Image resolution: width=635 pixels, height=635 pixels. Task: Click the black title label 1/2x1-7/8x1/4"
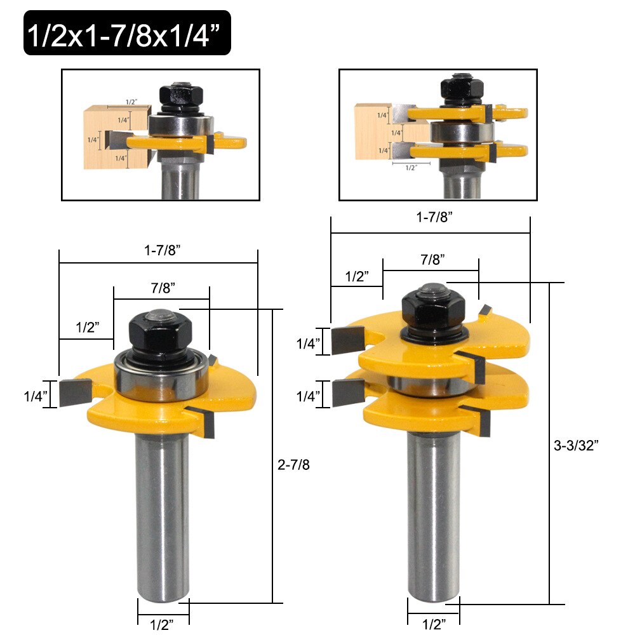127,33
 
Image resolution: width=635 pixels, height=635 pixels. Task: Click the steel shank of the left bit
163,508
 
